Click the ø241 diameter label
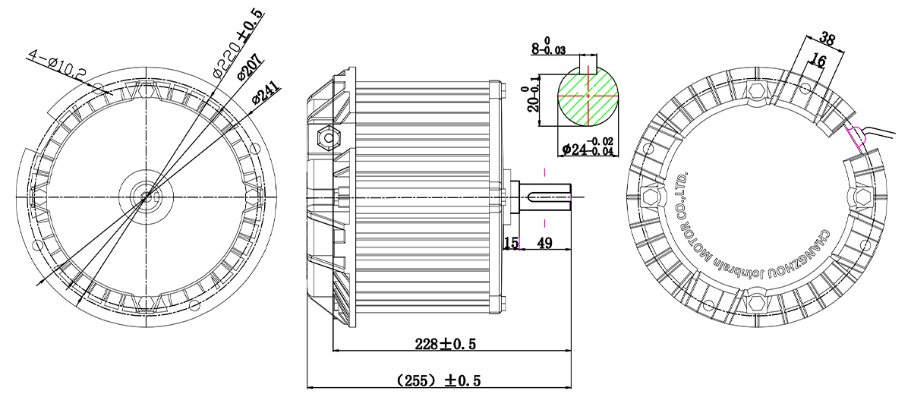[x=266, y=93]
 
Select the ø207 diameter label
[x=250, y=67]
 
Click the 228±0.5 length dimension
[x=446, y=344]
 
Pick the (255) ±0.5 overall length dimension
[x=439, y=381]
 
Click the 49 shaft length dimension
[x=544, y=243]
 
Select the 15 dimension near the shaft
[x=511, y=243]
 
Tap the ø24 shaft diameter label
[x=588, y=147]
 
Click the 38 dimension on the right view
[x=827, y=39]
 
